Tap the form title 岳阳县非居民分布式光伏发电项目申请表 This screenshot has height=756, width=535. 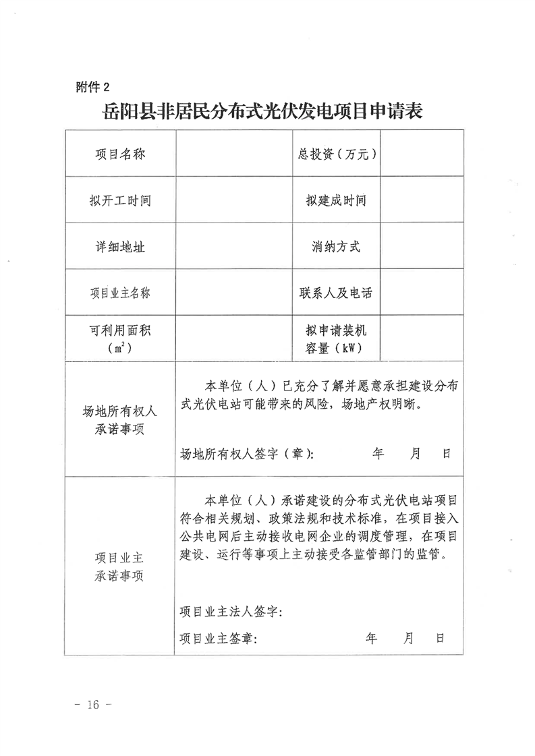[263, 111]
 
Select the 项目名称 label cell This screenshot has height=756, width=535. [119, 154]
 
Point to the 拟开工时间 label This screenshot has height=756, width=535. [119, 201]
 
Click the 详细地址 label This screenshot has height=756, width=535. [119, 247]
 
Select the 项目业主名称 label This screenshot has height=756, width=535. [119, 293]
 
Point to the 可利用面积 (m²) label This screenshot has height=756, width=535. [119, 339]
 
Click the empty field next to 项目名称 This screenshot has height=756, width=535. [229, 154]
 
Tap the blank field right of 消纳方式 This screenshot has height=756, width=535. [425, 247]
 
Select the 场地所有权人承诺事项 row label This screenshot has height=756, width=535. [119, 419]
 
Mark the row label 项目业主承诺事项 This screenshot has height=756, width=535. [119, 567]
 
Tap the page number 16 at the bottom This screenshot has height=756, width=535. [92, 705]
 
